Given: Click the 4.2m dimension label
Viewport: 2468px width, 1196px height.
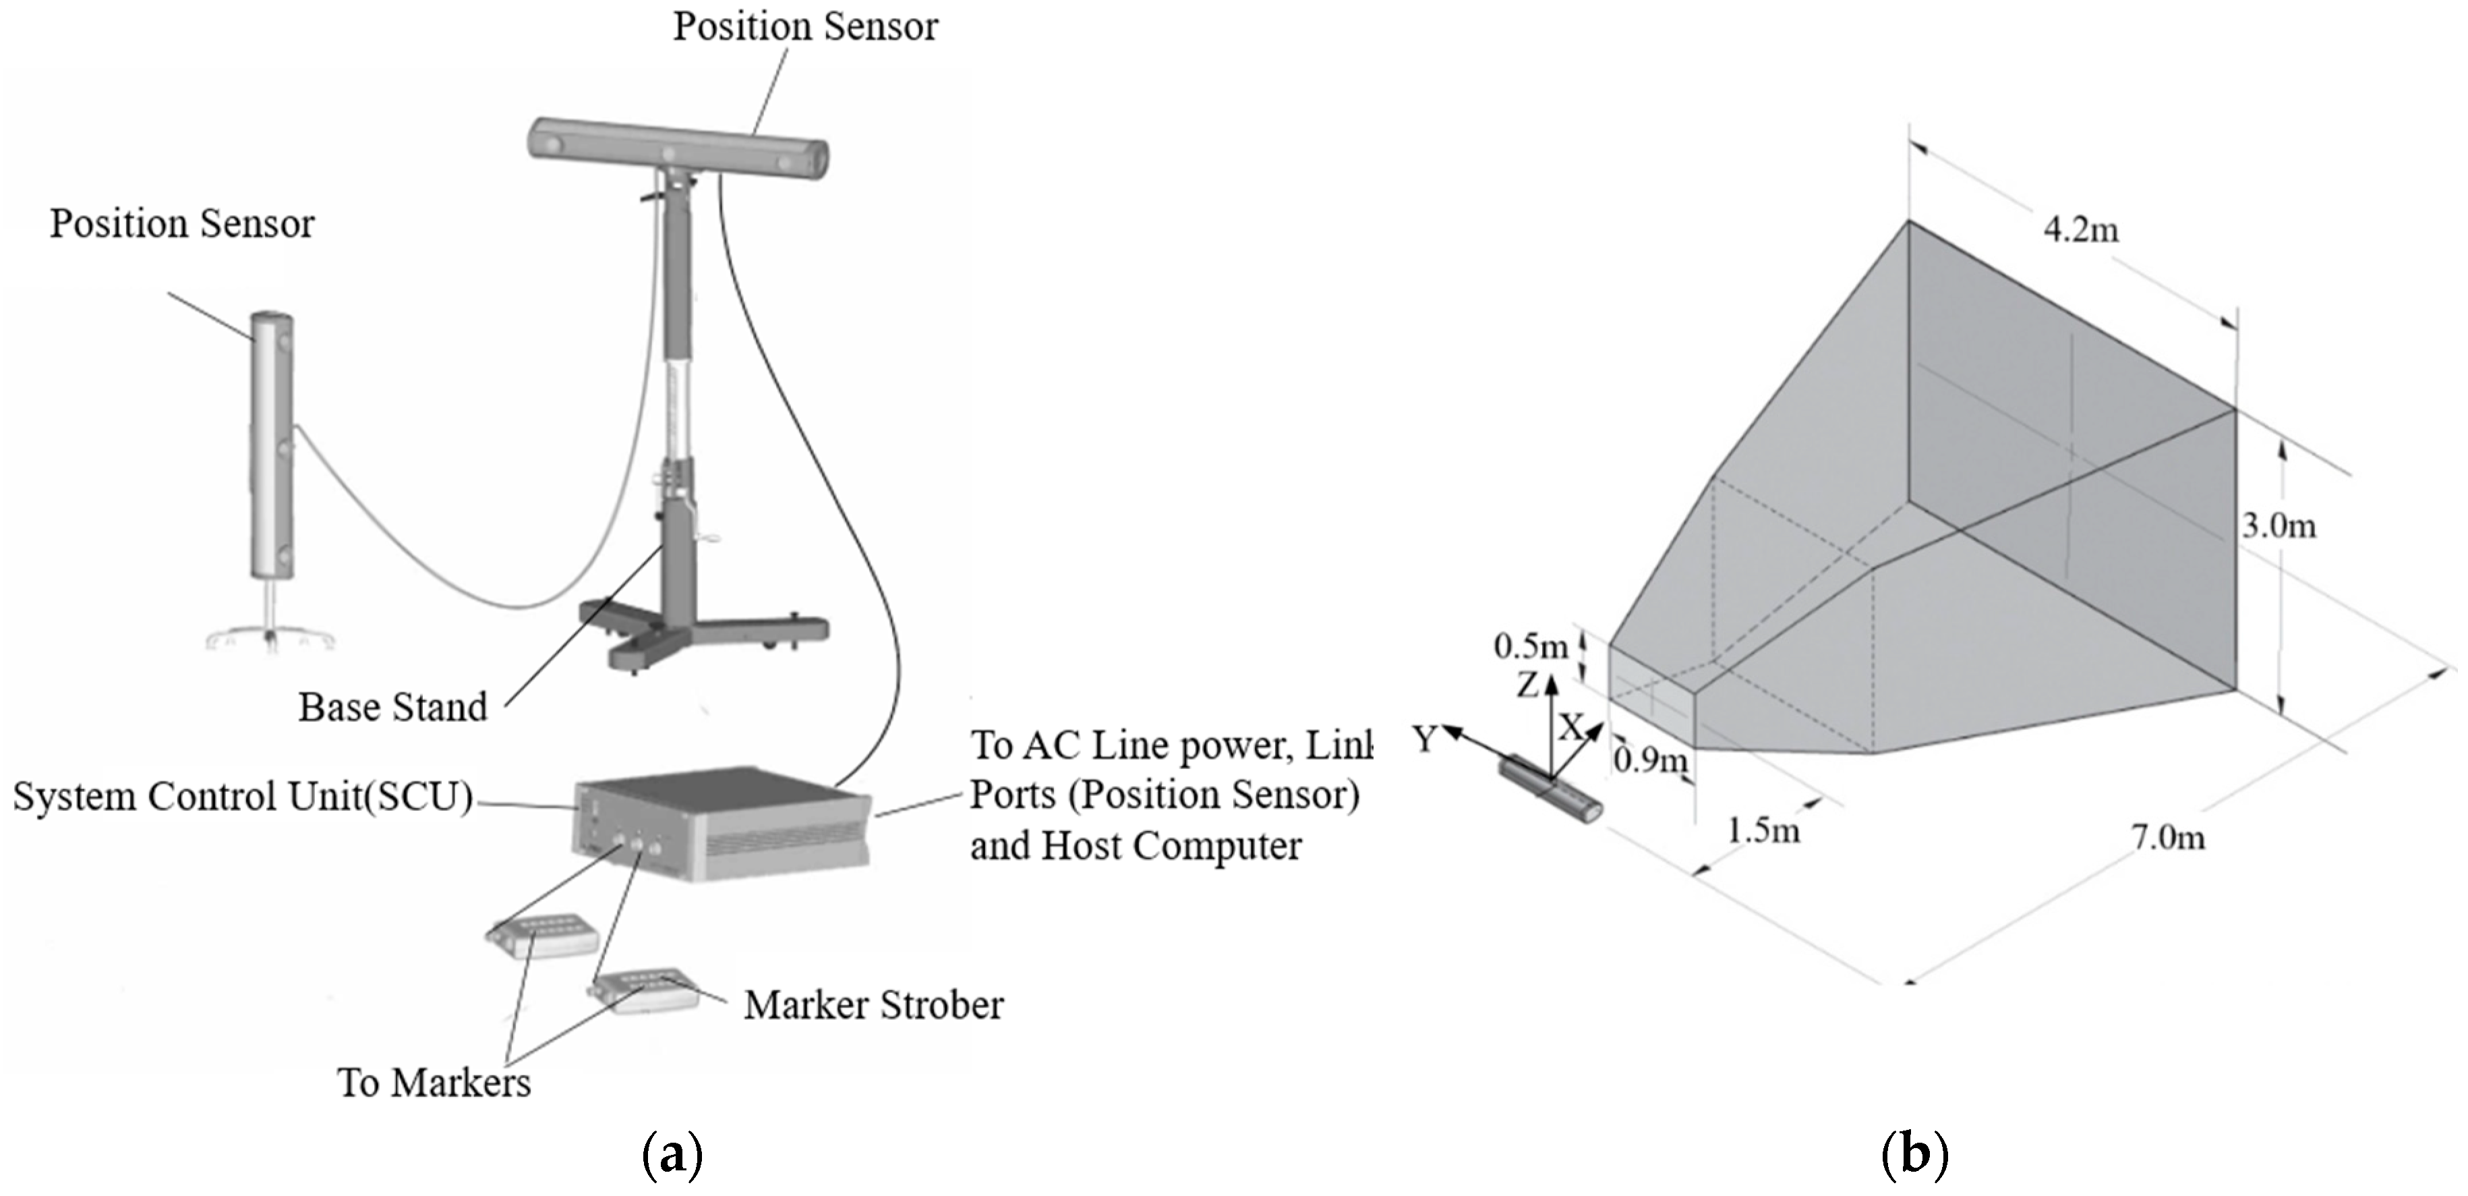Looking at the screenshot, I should pyautogui.click(x=2080, y=230).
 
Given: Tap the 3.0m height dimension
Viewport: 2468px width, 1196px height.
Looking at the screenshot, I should pyautogui.click(x=2279, y=526).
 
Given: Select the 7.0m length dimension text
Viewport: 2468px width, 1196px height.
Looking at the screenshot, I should pyautogui.click(x=2167, y=838).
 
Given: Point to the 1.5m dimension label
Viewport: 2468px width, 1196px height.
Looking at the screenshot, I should pyautogui.click(x=1763, y=830).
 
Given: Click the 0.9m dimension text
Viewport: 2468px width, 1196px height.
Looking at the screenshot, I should pyautogui.click(x=1650, y=761).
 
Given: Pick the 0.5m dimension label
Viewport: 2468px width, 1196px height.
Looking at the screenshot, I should pyautogui.click(x=1530, y=647).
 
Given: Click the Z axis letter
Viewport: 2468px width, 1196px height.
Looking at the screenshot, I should pyautogui.click(x=1527, y=684).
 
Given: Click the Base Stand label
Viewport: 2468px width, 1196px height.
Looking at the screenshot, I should pyautogui.click(x=393, y=707).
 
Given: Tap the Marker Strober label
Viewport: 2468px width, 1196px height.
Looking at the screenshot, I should pyautogui.click(x=874, y=1005).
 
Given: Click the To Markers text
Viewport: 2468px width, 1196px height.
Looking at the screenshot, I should pyautogui.click(x=434, y=1083).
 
